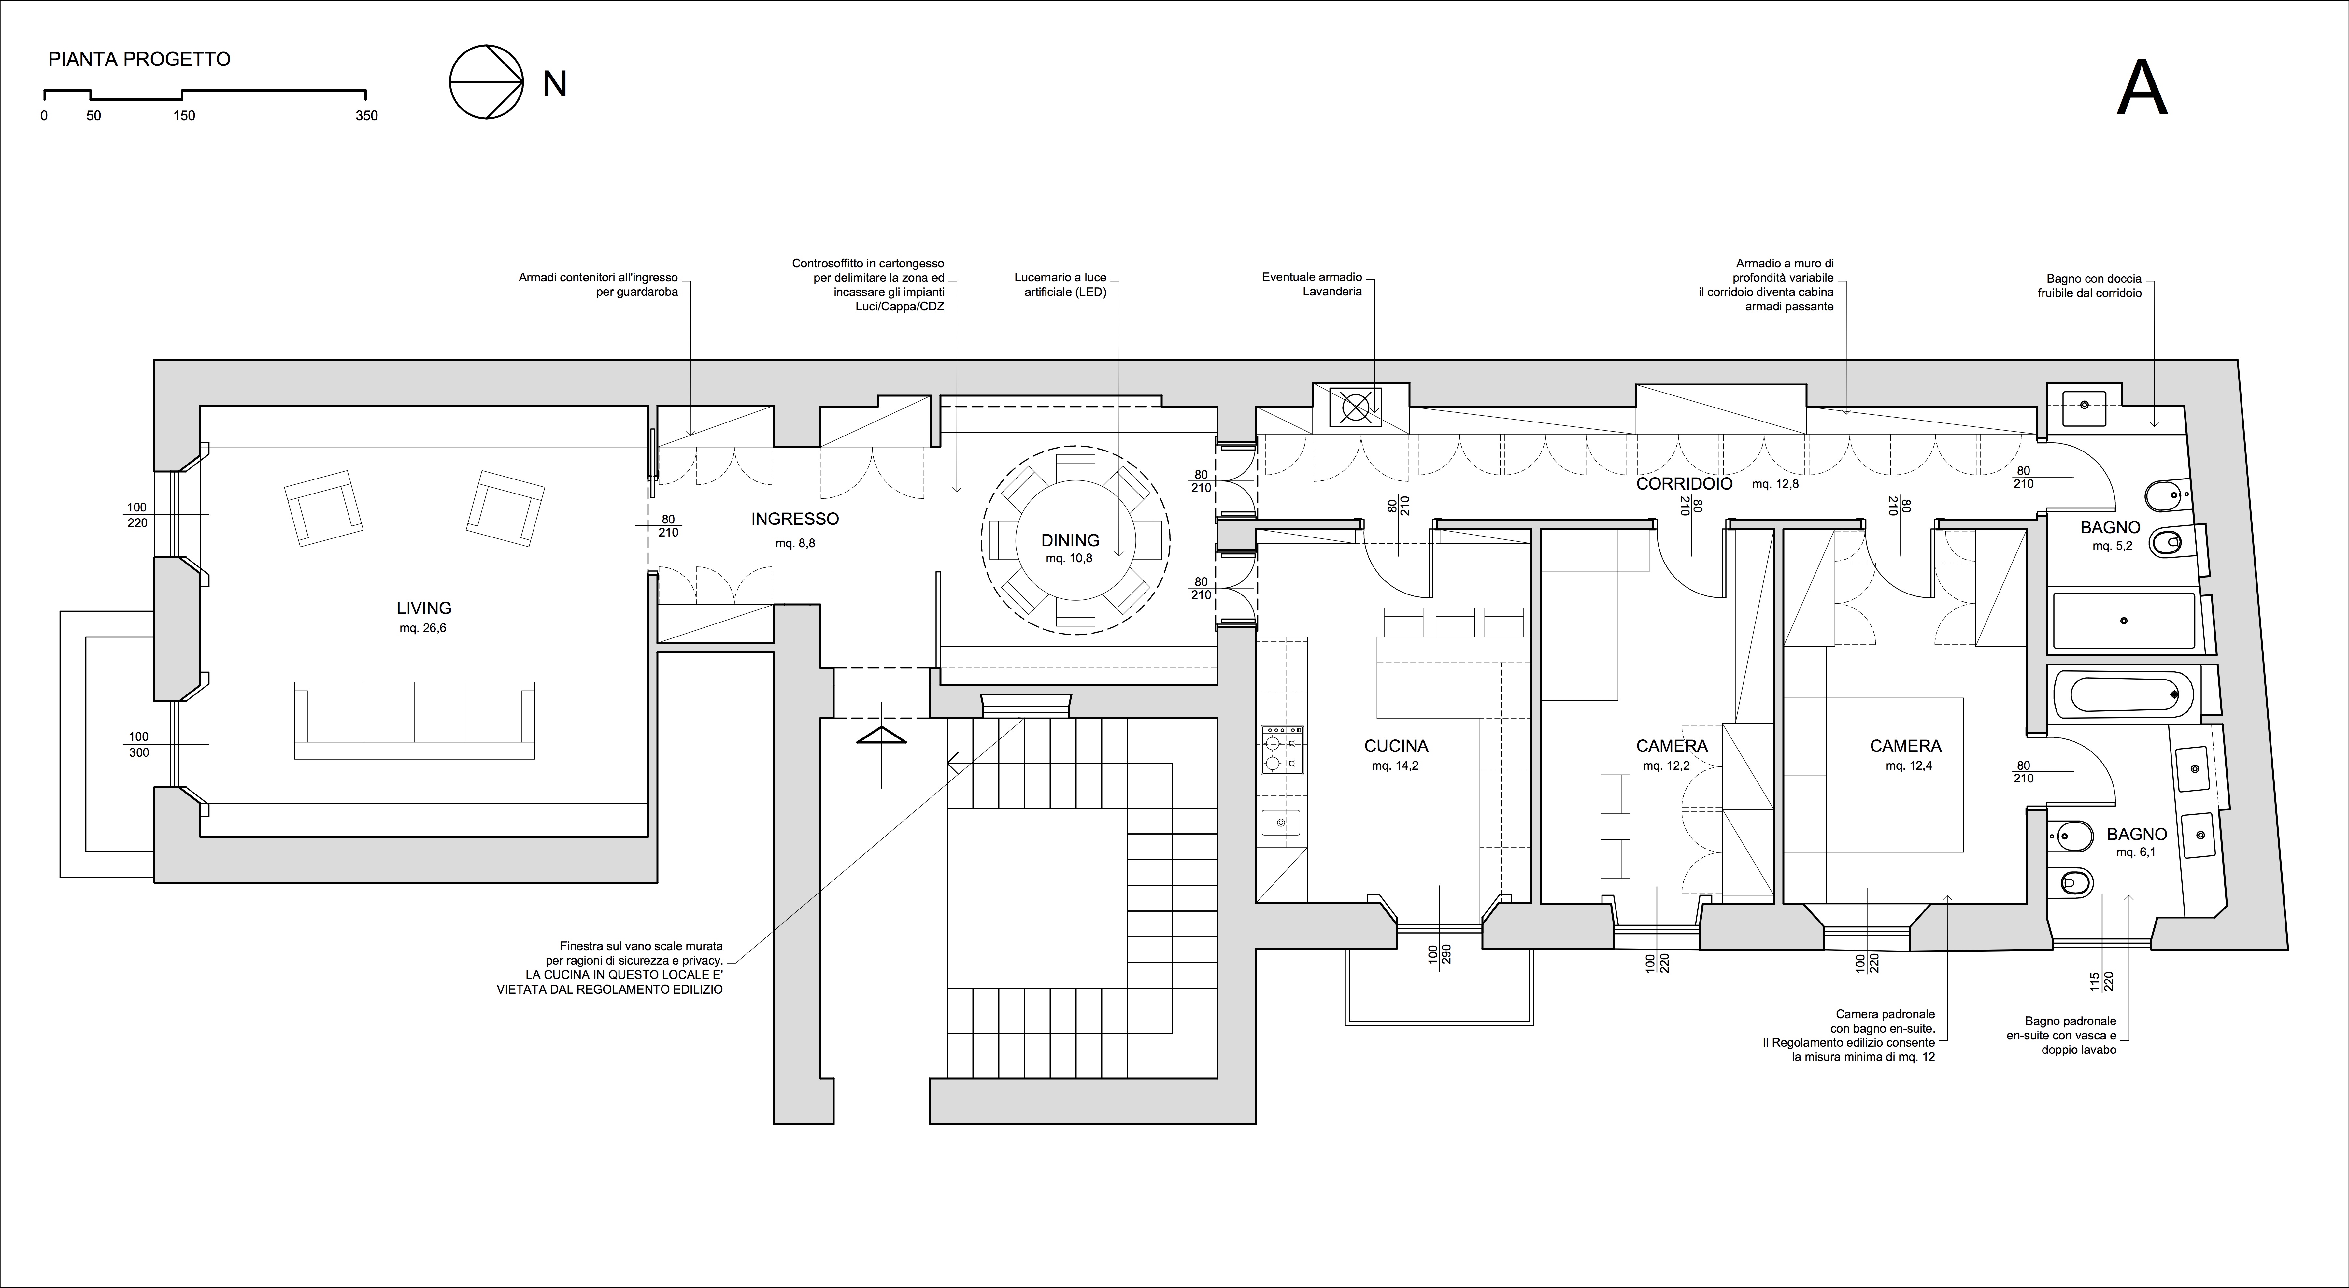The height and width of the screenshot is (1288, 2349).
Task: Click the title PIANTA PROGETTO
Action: pyautogui.click(x=139, y=59)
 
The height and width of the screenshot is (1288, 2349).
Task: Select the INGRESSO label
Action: pyautogui.click(x=795, y=519)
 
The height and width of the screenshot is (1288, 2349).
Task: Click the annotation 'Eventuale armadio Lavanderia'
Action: pyautogui.click(x=1312, y=284)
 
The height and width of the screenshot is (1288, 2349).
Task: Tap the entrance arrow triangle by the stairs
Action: pyautogui.click(x=882, y=735)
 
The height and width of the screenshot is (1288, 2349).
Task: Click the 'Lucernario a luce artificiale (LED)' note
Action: pyautogui.click(x=1061, y=284)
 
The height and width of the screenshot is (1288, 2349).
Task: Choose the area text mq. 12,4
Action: pyautogui.click(x=1909, y=766)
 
